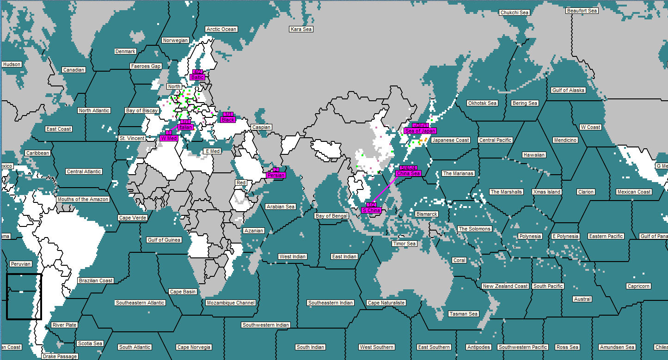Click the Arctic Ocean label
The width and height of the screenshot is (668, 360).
(221, 29)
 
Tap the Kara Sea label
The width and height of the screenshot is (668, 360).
(301, 29)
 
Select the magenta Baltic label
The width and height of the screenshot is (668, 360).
(197, 77)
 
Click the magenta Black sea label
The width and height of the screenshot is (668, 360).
(228, 120)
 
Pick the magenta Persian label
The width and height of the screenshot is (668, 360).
(276, 175)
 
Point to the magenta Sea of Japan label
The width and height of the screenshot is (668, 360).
(420, 131)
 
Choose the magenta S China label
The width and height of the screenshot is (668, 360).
(371, 210)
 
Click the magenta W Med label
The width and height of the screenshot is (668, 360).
(169, 138)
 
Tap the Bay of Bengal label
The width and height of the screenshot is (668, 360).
(331, 216)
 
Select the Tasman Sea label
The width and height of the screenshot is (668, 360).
(463, 314)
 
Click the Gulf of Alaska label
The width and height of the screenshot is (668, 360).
(568, 90)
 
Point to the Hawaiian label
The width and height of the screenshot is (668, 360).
(534, 155)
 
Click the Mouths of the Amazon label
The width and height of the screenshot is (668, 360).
(83, 199)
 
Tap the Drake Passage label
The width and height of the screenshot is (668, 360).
(60, 356)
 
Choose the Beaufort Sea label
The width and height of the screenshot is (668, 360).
(582, 11)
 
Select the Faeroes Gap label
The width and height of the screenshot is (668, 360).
(146, 66)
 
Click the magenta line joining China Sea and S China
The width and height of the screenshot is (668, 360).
(385, 189)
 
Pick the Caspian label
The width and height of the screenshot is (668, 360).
(261, 127)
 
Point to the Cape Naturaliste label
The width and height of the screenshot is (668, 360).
(386, 303)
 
